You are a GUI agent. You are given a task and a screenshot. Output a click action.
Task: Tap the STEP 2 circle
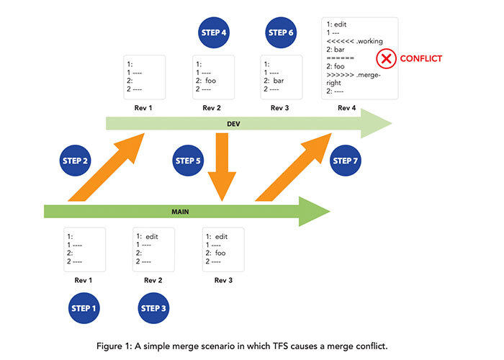[x=76, y=161]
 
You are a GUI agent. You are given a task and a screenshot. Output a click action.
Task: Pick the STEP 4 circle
[x=214, y=32]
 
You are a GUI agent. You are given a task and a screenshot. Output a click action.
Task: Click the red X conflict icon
[x=387, y=59]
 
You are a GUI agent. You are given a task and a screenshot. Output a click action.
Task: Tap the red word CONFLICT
[x=420, y=59]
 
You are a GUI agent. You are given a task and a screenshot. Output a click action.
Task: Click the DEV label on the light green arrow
[x=233, y=125]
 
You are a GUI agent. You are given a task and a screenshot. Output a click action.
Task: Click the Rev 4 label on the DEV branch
[x=347, y=108]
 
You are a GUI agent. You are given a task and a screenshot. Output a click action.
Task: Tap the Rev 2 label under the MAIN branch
[x=153, y=280]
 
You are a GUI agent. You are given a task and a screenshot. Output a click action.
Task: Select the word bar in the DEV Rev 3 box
[x=279, y=81]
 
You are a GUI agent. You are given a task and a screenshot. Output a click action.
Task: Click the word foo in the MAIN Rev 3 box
[x=220, y=253]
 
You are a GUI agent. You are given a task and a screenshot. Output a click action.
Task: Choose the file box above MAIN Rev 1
[x=85, y=249]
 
